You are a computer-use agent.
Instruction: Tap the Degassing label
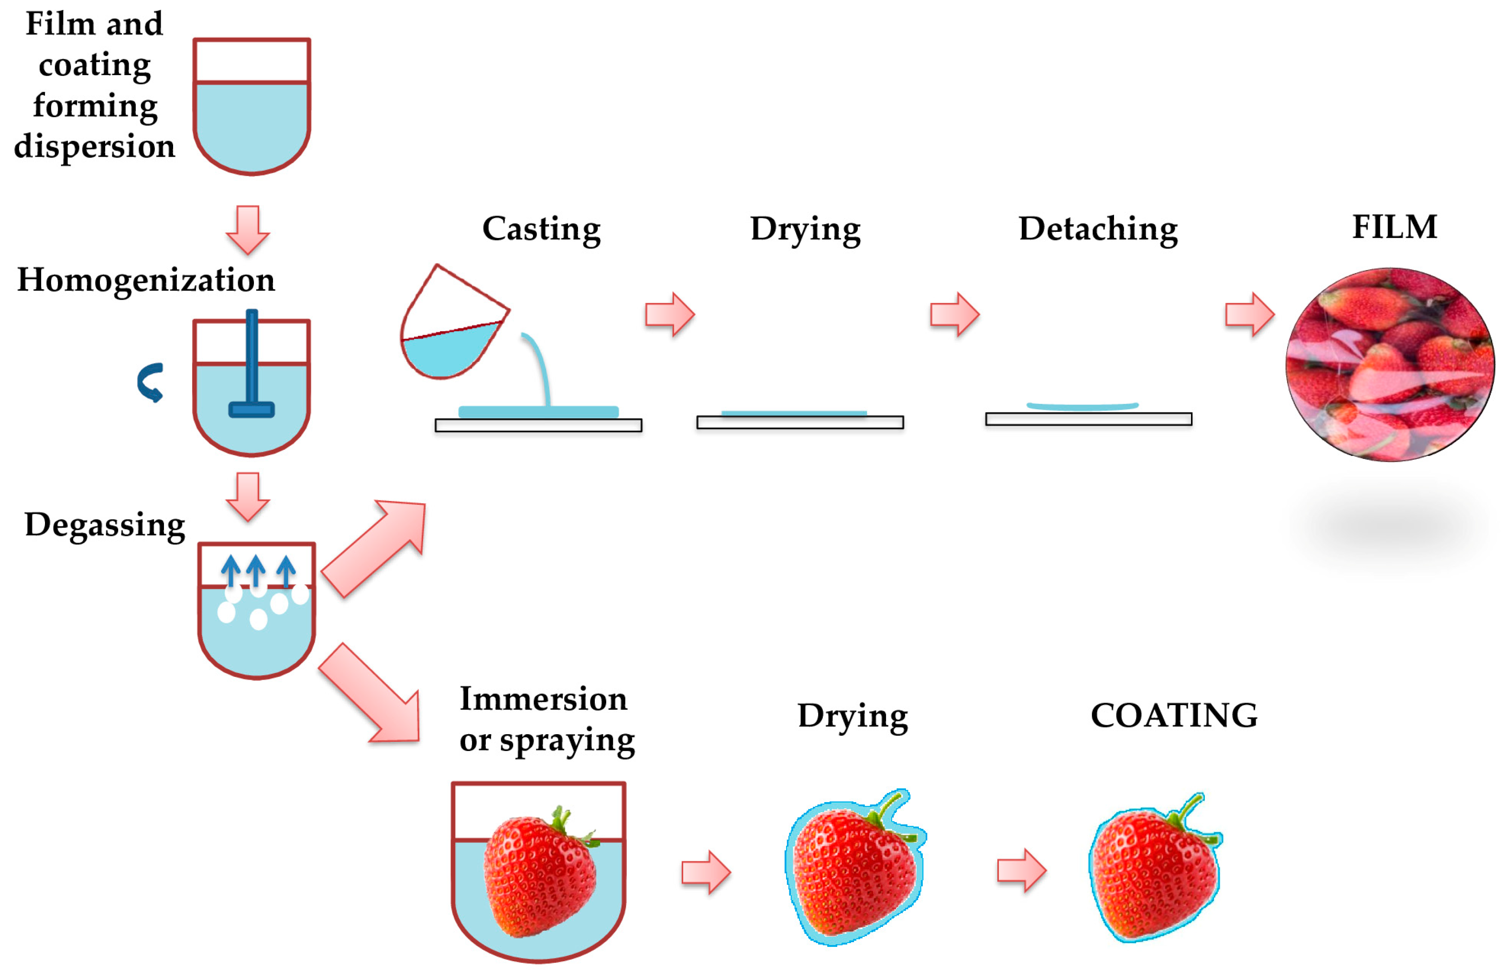[105, 524]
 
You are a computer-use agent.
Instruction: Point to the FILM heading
[1394, 227]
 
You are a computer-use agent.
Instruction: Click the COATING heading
[1173, 715]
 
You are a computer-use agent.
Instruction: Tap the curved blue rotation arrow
[151, 382]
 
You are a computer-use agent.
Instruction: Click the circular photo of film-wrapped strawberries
[1389, 364]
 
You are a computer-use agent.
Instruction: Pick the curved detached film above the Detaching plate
[1082, 406]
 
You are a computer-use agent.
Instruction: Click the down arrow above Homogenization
[248, 229]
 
